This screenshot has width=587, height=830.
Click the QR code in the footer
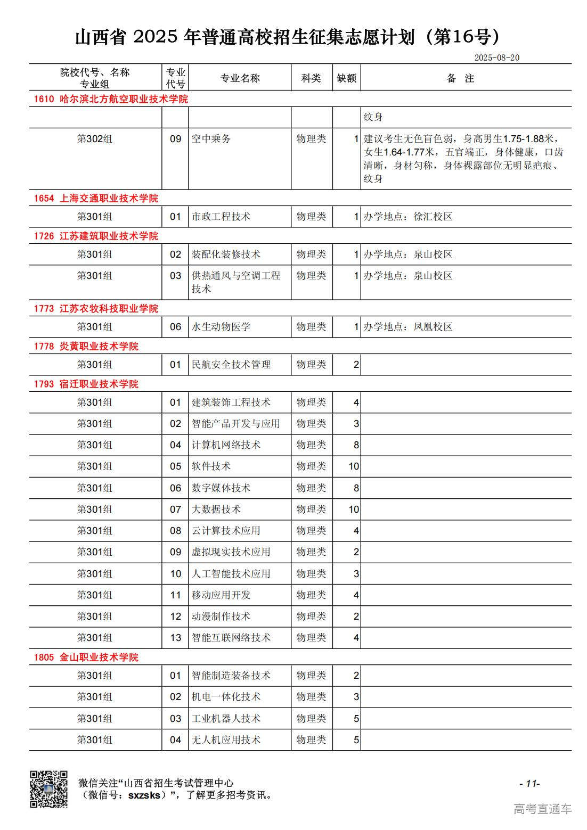(48, 789)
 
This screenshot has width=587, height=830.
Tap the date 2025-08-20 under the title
(496, 57)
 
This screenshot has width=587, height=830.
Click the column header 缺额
(346, 78)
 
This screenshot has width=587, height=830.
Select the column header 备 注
(460, 78)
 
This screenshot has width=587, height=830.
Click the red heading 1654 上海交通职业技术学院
(96, 198)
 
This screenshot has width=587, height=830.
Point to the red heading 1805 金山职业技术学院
(86, 657)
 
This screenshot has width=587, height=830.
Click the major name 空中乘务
(211, 139)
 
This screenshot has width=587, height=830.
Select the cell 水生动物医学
(221, 327)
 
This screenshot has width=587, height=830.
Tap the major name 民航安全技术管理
(231, 365)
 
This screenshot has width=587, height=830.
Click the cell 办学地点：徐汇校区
(408, 217)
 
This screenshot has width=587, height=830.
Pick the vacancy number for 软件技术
(354, 466)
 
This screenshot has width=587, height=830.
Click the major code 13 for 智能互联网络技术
(176, 638)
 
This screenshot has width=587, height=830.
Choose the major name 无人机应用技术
(226, 740)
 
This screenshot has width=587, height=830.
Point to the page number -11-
(529, 783)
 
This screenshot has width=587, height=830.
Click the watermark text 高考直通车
(542, 809)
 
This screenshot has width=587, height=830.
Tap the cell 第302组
(95, 139)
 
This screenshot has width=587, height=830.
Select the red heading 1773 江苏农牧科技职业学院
(96, 308)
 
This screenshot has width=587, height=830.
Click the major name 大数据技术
(216, 509)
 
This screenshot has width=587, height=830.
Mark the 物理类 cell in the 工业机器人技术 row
(311, 719)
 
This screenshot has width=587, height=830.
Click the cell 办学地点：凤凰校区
(408, 327)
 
